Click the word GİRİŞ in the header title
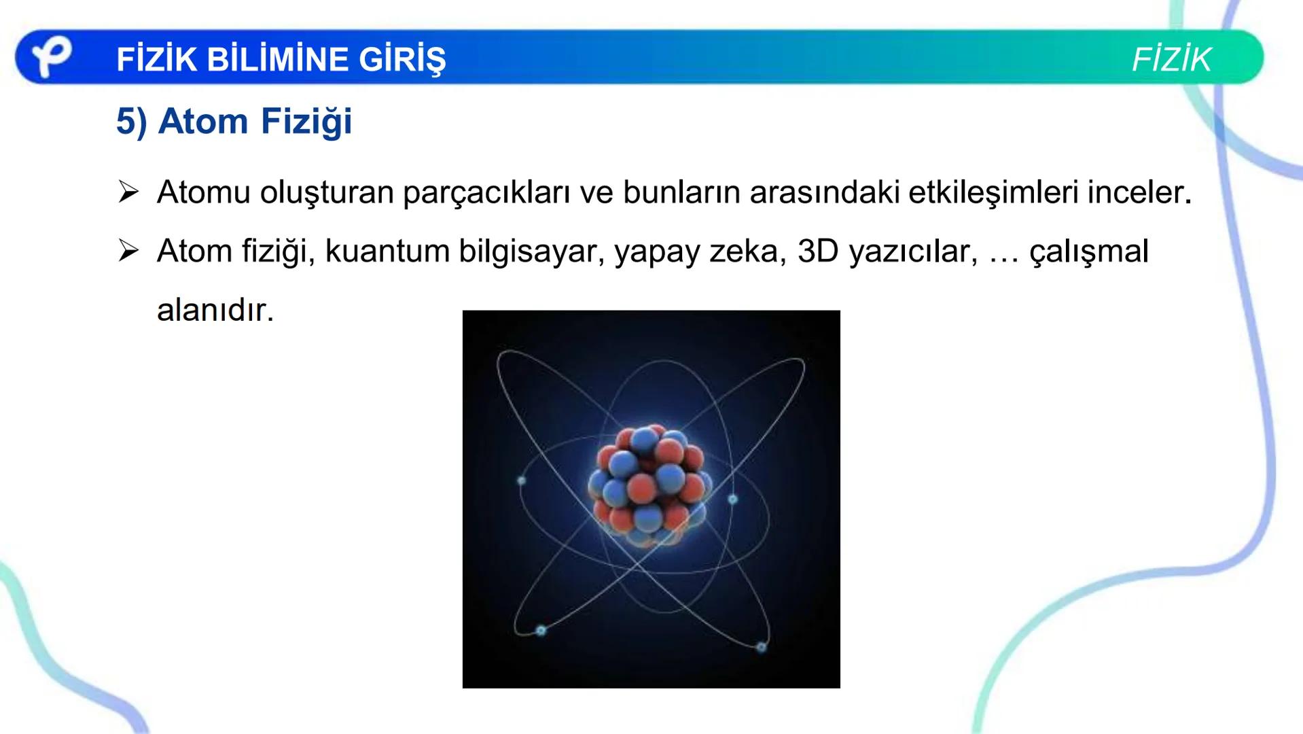coord(402,59)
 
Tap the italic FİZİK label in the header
coord(1171,60)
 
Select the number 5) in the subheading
coord(131,122)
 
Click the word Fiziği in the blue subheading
coord(306,122)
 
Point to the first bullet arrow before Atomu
coord(128,192)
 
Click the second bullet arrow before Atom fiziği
coord(128,251)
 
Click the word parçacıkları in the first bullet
coord(486,193)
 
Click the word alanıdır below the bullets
coord(215,311)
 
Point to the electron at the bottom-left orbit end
coord(541,631)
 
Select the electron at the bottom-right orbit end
coord(762,647)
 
